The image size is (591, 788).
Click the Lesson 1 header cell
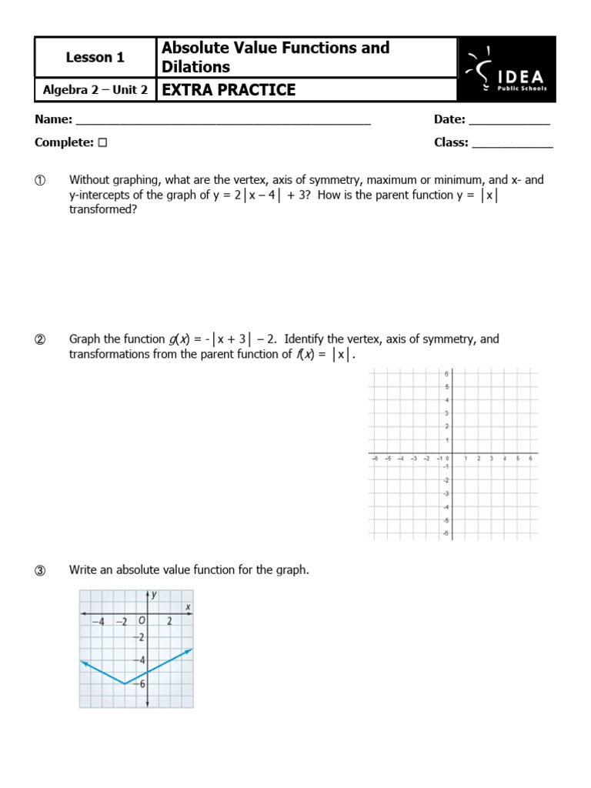pos(95,57)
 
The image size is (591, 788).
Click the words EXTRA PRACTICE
pos(229,90)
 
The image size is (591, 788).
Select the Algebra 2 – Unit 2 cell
pos(95,90)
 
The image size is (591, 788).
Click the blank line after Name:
pos(223,121)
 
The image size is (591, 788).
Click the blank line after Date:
pos(509,121)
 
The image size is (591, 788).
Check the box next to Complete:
pos(102,142)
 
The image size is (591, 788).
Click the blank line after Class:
pos(512,143)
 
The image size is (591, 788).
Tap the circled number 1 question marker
pos(40,181)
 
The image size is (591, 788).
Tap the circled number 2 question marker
pos(40,339)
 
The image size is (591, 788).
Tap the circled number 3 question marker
pos(40,571)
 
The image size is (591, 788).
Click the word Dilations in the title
pos(195,67)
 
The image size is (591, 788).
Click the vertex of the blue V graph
pos(125,683)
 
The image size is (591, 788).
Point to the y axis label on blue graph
pos(154,594)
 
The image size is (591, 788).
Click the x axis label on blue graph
pos(188,608)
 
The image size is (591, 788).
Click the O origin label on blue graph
pos(142,621)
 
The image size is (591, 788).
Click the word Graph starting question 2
pos(85,339)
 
